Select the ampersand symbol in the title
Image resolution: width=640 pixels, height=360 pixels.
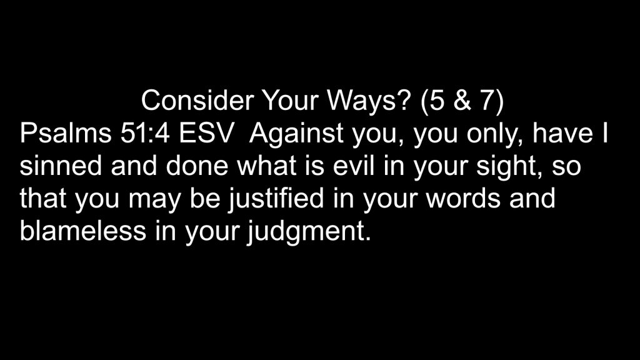click(x=462, y=101)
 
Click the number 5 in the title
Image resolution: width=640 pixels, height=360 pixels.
click(x=437, y=101)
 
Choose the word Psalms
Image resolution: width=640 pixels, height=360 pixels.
click(x=66, y=133)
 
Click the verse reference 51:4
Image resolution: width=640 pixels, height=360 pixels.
click(x=145, y=133)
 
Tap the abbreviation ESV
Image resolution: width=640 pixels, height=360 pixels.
click(x=207, y=133)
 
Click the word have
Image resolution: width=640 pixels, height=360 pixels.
click(x=562, y=133)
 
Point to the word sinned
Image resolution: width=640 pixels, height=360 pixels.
click(x=61, y=166)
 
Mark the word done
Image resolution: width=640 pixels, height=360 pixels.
click(x=197, y=166)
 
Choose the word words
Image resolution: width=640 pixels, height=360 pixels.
click(x=463, y=198)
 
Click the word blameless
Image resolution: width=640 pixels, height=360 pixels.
click(x=83, y=231)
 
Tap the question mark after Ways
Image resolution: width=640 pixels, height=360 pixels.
click(x=401, y=101)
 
